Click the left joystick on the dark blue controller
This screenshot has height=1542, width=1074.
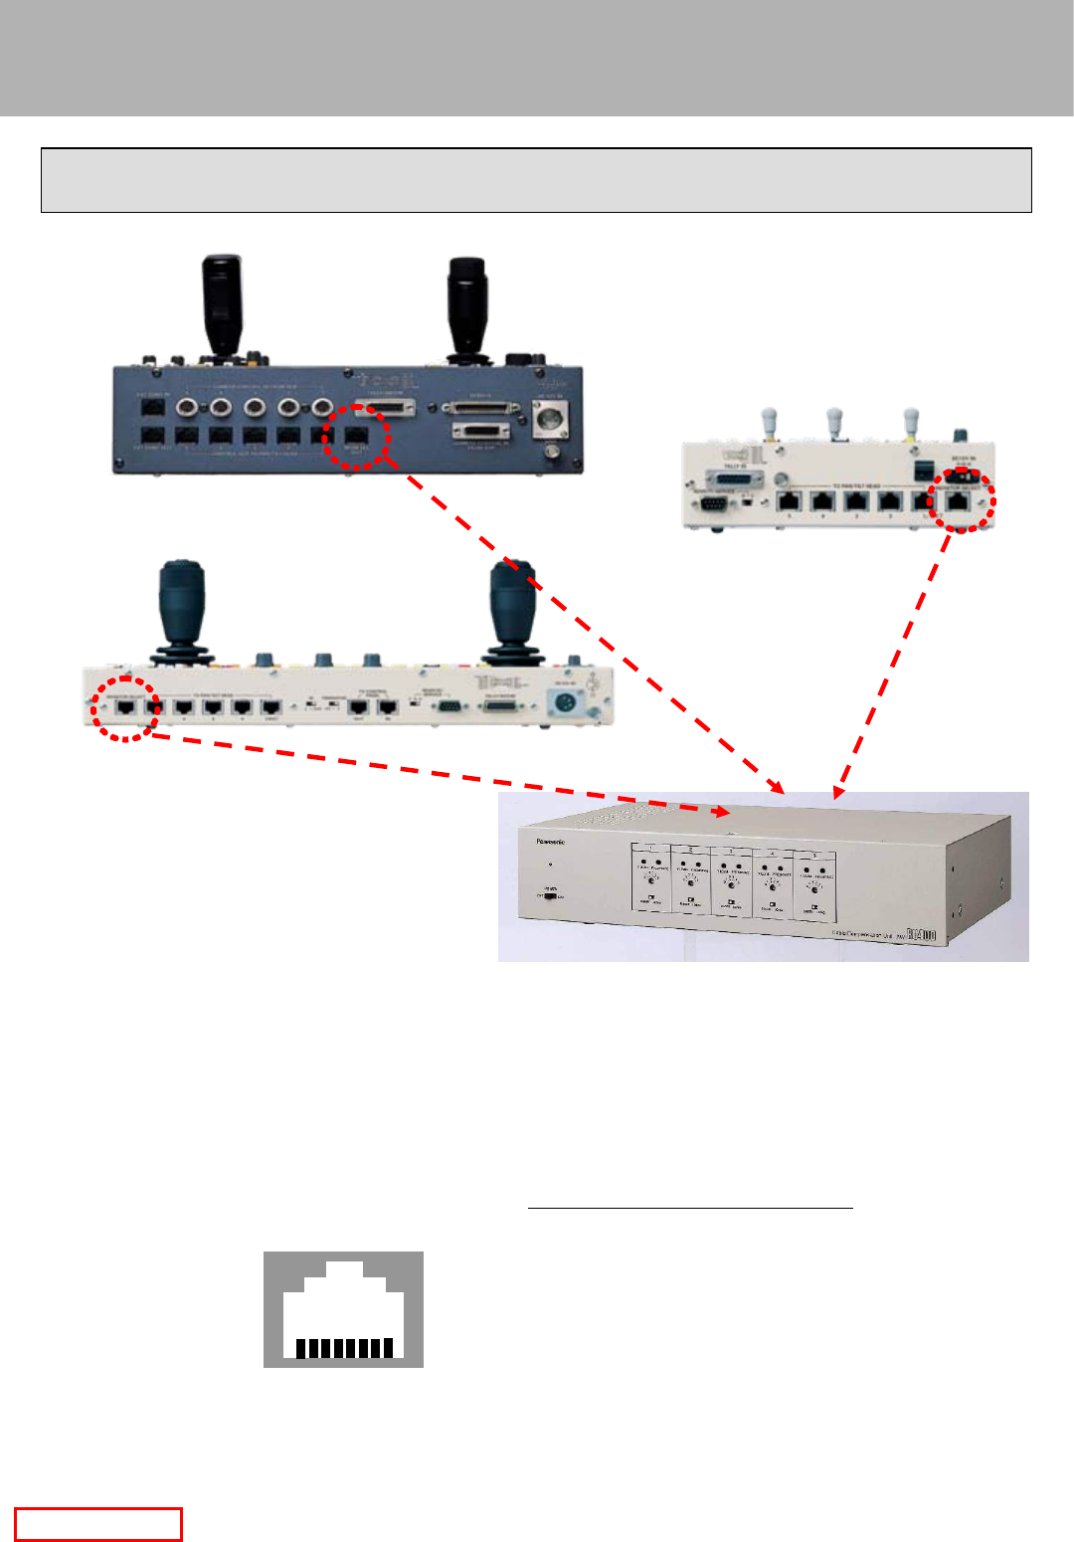(222, 303)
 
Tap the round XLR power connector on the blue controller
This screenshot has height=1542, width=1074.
(550, 422)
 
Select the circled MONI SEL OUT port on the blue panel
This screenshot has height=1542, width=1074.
(355, 436)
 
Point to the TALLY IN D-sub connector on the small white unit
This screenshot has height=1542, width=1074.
(737, 481)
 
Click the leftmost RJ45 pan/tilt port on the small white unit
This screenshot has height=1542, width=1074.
(790, 501)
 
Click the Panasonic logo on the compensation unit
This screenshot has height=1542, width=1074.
(551, 842)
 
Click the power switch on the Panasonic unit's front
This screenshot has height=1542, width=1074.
(550, 894)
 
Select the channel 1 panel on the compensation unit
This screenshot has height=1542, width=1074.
(652, 879)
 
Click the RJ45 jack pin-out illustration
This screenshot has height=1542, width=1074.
(343, 1308)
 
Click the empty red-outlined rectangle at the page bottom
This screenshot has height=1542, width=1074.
(97, 1524)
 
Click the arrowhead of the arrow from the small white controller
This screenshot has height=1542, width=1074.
(838, 793)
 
